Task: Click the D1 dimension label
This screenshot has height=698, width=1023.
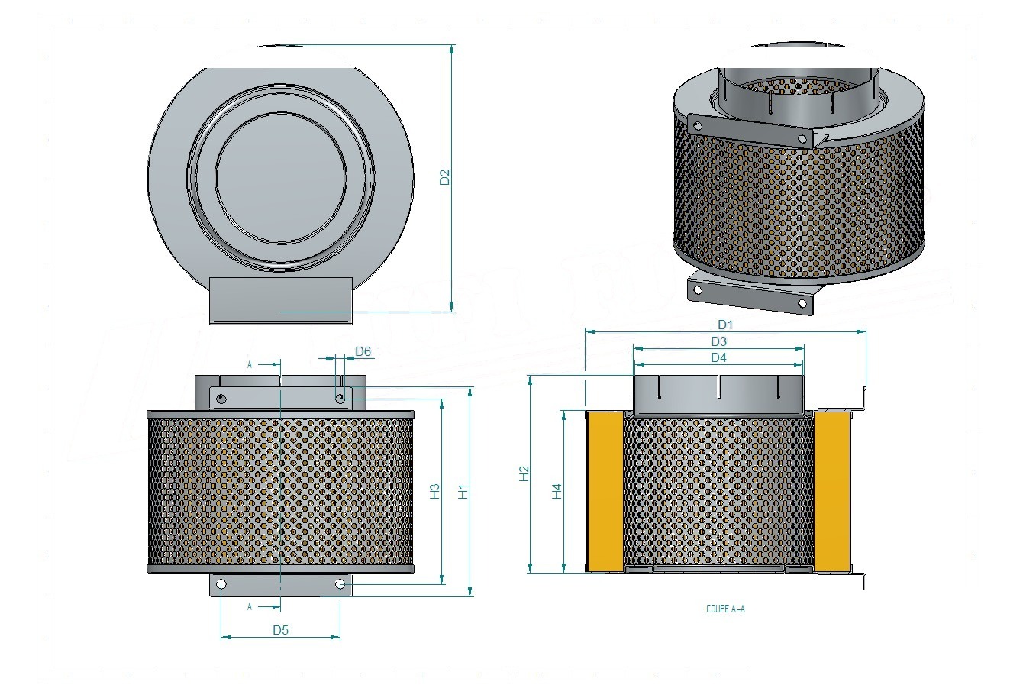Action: pos(725,325)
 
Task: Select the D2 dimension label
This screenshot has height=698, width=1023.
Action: pos(444,177)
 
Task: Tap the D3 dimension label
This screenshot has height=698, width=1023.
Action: pos(718,341)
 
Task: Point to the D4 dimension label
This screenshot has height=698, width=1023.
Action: pos(718,357)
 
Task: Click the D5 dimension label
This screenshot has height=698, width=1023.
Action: pos(280,630)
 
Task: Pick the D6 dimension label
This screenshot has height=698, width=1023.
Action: pos(363,351)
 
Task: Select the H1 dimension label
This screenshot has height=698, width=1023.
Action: pos(463,492)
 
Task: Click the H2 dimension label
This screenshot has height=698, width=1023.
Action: pos(524,473)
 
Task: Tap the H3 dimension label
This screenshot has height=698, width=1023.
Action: pos(435,492)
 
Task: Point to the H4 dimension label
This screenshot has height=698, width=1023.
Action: pos(557,492)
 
